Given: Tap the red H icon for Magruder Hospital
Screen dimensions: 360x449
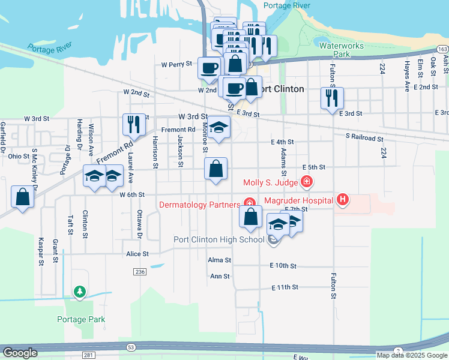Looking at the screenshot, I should (x=342, y=199).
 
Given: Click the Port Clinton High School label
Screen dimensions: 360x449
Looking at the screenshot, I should (x=218, y=239).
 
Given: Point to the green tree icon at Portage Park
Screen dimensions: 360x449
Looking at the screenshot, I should (x=79, y=292).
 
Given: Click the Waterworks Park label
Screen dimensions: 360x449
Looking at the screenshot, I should (x=334, y=49).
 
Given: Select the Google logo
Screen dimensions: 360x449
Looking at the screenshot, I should (x=20, y=353).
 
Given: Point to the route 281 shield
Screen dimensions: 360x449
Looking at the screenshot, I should (x=88, y=356).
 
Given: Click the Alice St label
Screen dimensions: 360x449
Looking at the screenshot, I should (x=137, y=254).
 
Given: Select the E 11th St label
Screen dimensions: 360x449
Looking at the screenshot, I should (x=285, y=287).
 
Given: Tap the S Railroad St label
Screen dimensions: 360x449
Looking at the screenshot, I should (x=364, y=138).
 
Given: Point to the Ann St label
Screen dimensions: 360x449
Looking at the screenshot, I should (x=220, y=276).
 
